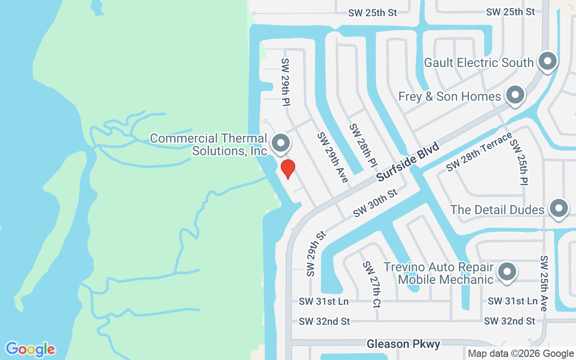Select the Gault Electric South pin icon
point(548,61)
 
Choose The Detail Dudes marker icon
point(559,208)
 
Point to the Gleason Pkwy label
point(403,344)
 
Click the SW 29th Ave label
point(333,157)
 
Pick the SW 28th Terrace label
point(479,151)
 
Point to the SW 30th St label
point(375,203)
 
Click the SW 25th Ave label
point(544,283)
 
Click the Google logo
point(30,349)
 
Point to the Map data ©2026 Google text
point(521,354)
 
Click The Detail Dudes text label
point(497,210)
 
